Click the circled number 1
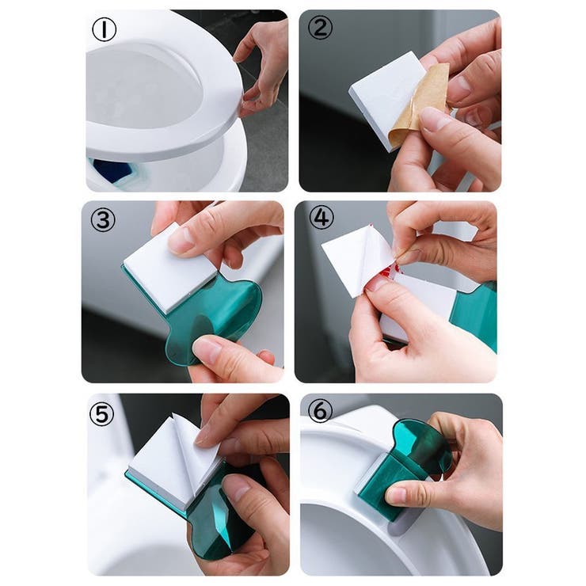tap(105, 29)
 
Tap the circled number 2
tap(320, 29)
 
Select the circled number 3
tap(103, 220)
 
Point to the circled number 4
tap(322, 218)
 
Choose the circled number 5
tap(101, 414)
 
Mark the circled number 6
tap(320, 410)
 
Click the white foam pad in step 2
tap(385, 98)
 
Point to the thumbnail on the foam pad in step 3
tap(182, 239)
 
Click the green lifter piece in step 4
tap(474, 314)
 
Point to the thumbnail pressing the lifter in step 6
tap(396, 496)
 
